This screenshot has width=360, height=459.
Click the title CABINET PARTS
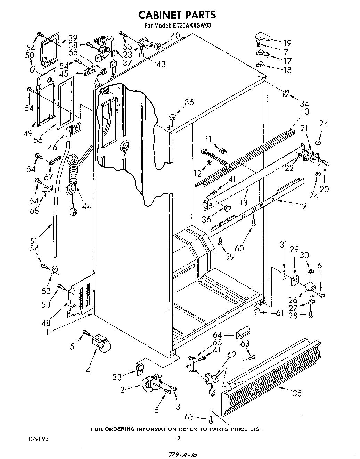click(x=177, y=15)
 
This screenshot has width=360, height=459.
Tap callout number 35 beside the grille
click(x=297, y=393)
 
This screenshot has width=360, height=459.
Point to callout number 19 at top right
click(x=287, y=43)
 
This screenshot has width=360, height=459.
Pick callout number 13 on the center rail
click(x=244, y=202)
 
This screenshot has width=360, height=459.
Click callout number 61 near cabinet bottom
click(x=280, y=313)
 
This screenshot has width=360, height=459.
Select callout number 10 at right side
click(x=305, y=112)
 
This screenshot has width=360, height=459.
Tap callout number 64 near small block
click(x=218, y=335)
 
